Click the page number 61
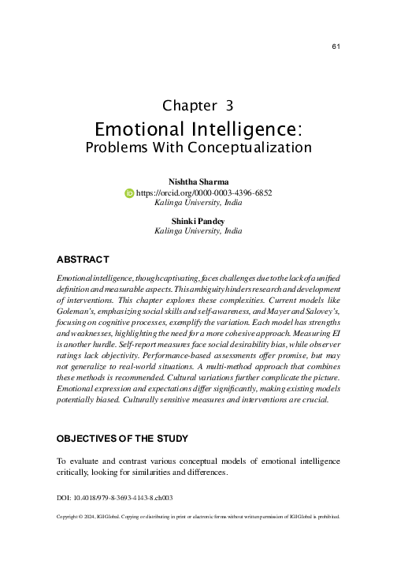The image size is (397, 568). pos(336,47)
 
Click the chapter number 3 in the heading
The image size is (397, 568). pos(228,105)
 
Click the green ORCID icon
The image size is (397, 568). pos(130,192)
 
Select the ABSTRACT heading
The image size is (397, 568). pos(83,259)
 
